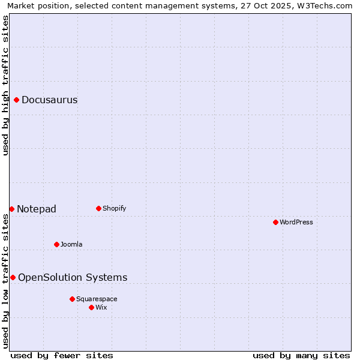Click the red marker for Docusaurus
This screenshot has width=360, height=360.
coord(17,100)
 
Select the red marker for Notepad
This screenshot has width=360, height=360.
coord(11,209)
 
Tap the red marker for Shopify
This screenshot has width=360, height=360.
coord(98,208)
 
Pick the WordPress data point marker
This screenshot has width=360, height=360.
coord(275,222)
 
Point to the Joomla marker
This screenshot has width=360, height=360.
coord(56,244)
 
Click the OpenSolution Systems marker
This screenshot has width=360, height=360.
coord(13,277)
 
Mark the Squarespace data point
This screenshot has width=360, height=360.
coord(72,299)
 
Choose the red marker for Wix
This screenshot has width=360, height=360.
coord(91,307)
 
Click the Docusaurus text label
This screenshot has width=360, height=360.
coord(49,100)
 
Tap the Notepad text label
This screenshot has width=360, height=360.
coord(37,209)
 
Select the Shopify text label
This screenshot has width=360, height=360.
coord(114,209)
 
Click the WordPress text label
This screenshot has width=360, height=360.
coord(296,223)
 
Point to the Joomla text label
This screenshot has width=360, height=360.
coord(71,245)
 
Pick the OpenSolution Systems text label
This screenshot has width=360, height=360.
coord(73,277)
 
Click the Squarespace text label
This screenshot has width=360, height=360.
coord(97,299)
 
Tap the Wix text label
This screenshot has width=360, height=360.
coord(101,308)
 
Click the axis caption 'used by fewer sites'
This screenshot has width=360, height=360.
coord(62,355)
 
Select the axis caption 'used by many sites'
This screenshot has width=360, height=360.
coord(301,355)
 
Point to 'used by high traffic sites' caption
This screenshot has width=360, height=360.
coord(5,85)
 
